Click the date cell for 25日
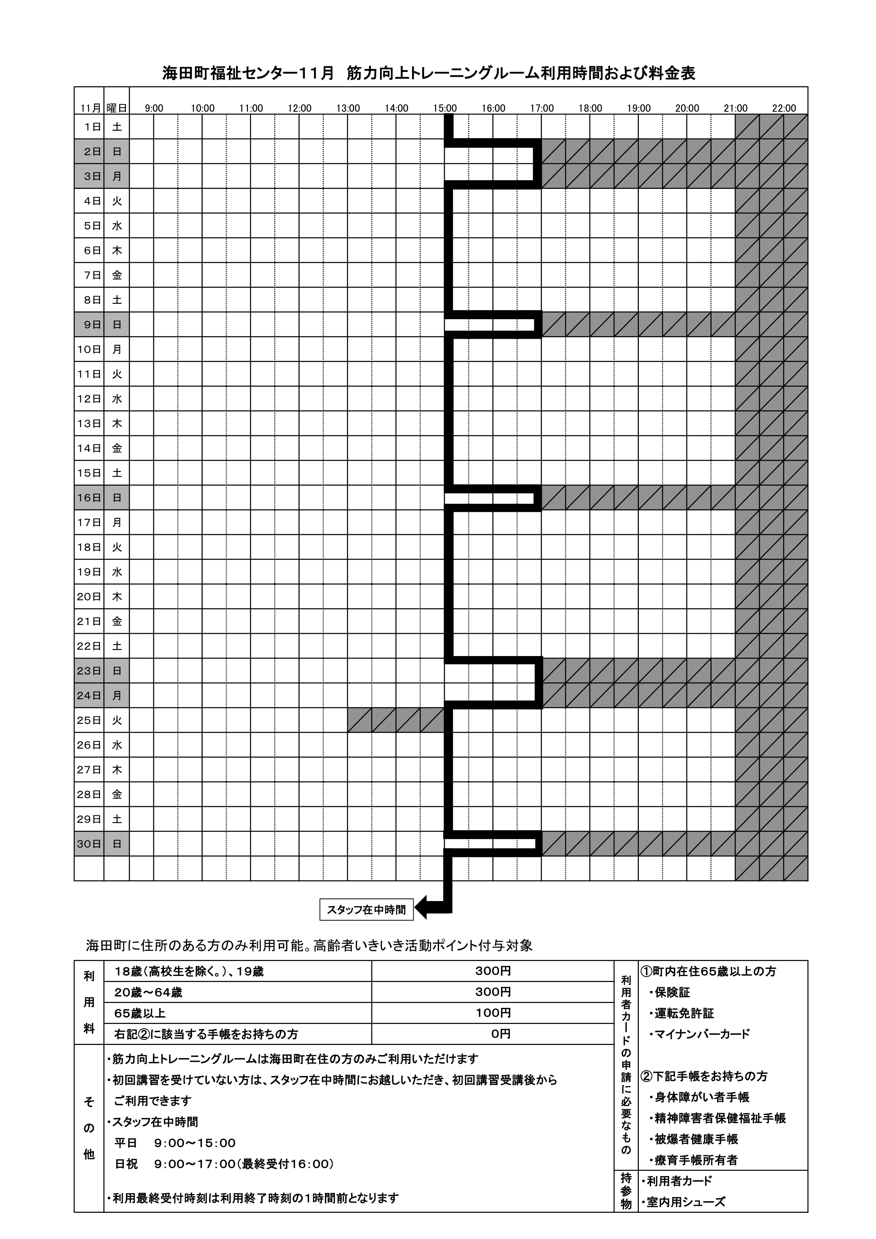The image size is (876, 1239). (x=89, y=720)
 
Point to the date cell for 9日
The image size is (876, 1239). (x=89, y=325)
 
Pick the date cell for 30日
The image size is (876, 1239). (x=89, y=844)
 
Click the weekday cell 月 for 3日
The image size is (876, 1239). (x=117, y=176)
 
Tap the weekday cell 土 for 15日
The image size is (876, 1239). (x=117, y=473)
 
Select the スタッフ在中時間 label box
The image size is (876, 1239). (x=366, y=910)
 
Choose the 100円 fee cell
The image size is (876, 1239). (x=493, y=1013)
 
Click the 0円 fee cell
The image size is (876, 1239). (x=493, y=1034)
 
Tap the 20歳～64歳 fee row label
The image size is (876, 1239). (x=148, y=992)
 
